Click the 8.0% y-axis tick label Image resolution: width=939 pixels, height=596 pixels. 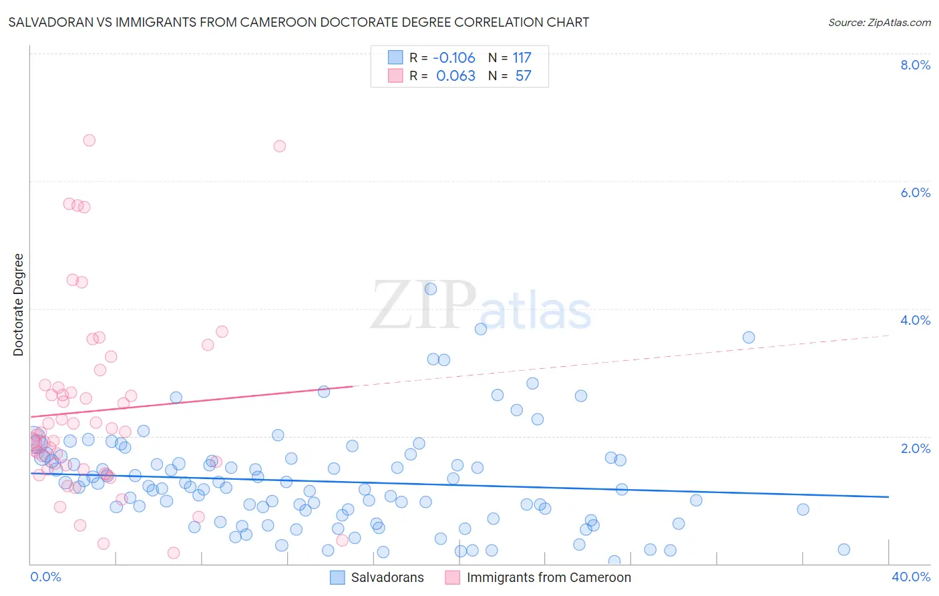pos(915,65)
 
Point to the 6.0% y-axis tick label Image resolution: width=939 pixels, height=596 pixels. pos(915,192)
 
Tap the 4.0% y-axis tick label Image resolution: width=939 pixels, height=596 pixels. pos(915,320)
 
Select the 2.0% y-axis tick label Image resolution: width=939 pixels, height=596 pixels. pos(915,448)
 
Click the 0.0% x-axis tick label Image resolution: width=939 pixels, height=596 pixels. pos(45,577)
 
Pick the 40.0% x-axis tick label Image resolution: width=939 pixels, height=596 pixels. pos(910,577)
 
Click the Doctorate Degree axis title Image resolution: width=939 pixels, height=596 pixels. pos(18,305)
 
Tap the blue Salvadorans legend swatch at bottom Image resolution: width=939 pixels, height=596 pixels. pos(338,577)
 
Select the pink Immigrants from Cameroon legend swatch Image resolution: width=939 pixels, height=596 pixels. pos(453,577)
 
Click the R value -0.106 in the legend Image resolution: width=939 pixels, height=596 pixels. pos(454,58)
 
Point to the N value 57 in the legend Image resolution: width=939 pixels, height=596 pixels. pos(523,76)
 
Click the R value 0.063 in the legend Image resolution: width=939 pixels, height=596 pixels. pos(455,76)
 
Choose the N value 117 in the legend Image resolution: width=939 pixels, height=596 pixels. pos(522,58)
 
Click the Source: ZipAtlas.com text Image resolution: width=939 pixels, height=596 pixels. pos(879,23)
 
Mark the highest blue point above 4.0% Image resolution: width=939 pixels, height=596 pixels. pos(431,289)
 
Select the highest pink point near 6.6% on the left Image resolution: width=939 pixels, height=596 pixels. pos(89,140)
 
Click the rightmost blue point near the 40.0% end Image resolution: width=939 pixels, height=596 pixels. pos(843,549)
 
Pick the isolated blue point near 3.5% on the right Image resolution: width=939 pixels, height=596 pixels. pos(749,337)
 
